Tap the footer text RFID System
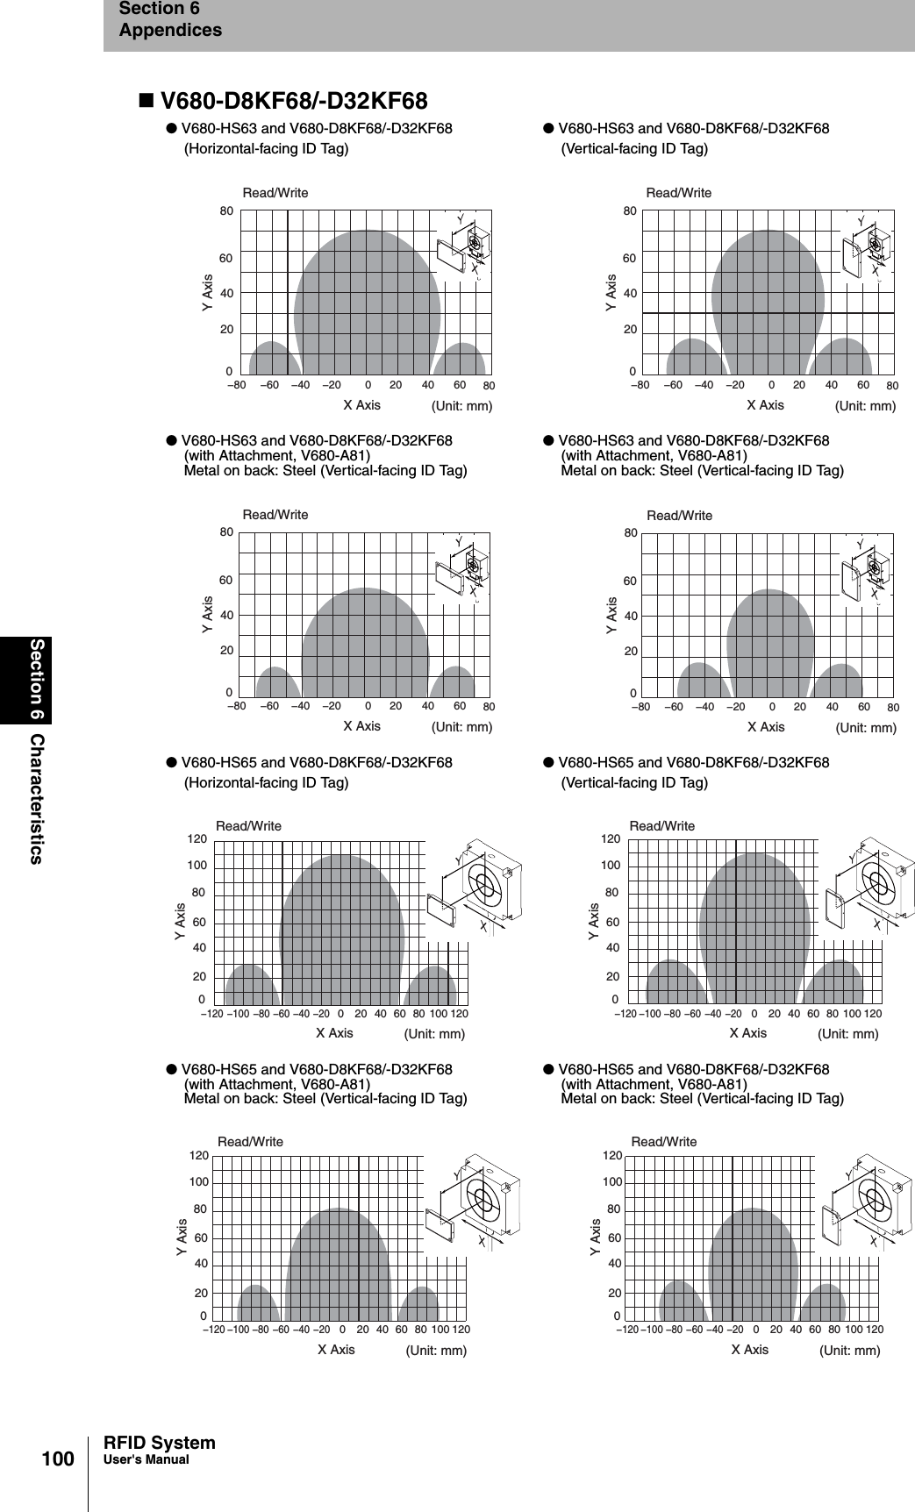click(x=159, y=1443)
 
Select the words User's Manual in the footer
click(x=146, y=1460)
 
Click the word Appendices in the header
click(x=170, y=31)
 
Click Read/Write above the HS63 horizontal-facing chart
click(x=275, y=192)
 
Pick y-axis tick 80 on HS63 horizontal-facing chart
click(x=226, y=211)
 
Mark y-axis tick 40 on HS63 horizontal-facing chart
click(x=226, y=293)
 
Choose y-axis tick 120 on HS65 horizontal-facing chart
click(x=197, y=839)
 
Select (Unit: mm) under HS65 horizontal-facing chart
click(x=433, y=1034)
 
